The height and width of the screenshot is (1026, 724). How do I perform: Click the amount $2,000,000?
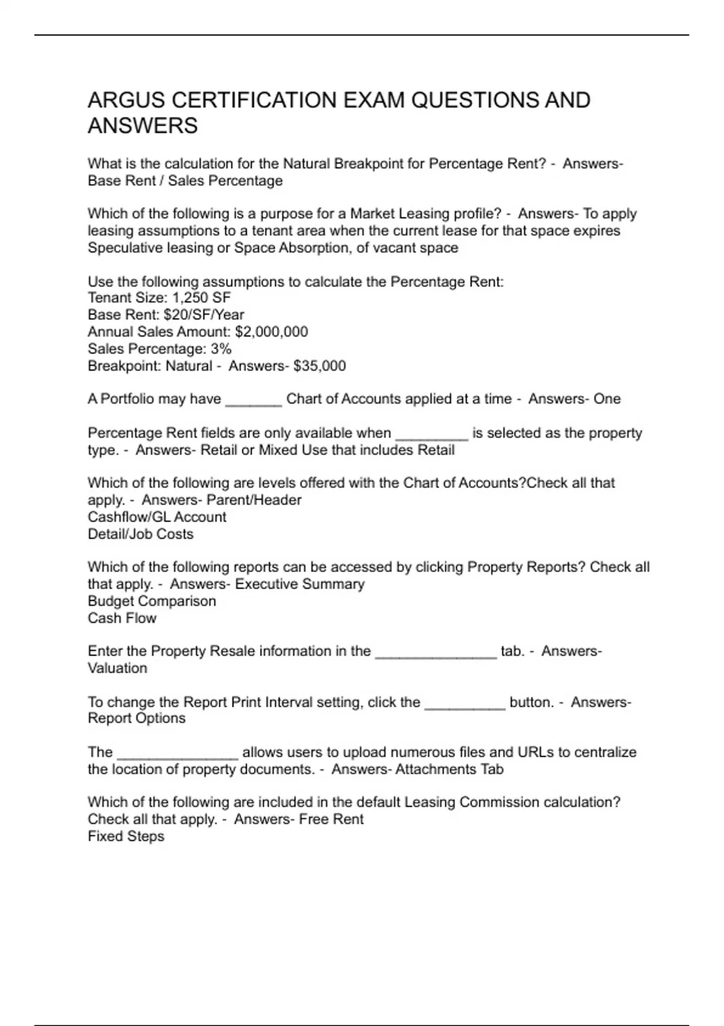point(271,332)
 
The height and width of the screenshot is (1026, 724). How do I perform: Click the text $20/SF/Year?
point(204,315)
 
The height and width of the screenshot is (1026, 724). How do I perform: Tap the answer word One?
point(607,399)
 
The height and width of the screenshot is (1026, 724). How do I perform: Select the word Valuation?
point(118,668)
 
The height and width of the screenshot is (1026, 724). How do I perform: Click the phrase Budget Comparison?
point(152,601)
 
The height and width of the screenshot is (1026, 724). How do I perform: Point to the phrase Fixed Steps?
point(126,836)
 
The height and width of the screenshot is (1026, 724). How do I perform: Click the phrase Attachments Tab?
point(449,769)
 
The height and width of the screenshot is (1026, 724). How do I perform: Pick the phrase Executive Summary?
point(300,584)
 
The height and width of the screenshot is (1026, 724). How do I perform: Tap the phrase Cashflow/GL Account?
point(157,517)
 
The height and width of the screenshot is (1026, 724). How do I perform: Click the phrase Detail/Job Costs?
point(141,534)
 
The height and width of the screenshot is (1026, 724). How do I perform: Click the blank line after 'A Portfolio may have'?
point(253,403)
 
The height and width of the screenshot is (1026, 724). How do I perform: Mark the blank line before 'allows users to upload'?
point(178,756)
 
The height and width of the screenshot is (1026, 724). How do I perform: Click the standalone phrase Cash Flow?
point(122,618)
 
